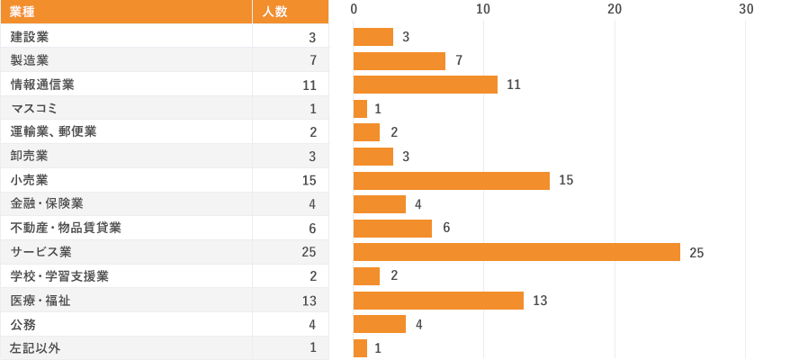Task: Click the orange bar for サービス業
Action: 516,252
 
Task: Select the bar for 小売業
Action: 451,180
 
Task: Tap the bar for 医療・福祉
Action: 438,300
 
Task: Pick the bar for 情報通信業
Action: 425,85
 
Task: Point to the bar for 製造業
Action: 399,60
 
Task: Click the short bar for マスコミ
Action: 360,109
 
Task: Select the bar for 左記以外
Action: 360,347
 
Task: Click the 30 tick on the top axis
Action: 746,9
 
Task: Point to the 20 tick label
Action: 615,9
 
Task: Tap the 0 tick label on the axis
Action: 354,9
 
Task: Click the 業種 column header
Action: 22,12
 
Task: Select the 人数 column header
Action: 274,12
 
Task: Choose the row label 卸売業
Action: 29,156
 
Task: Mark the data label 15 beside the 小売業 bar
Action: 566,180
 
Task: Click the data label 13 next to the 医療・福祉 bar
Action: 540,300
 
